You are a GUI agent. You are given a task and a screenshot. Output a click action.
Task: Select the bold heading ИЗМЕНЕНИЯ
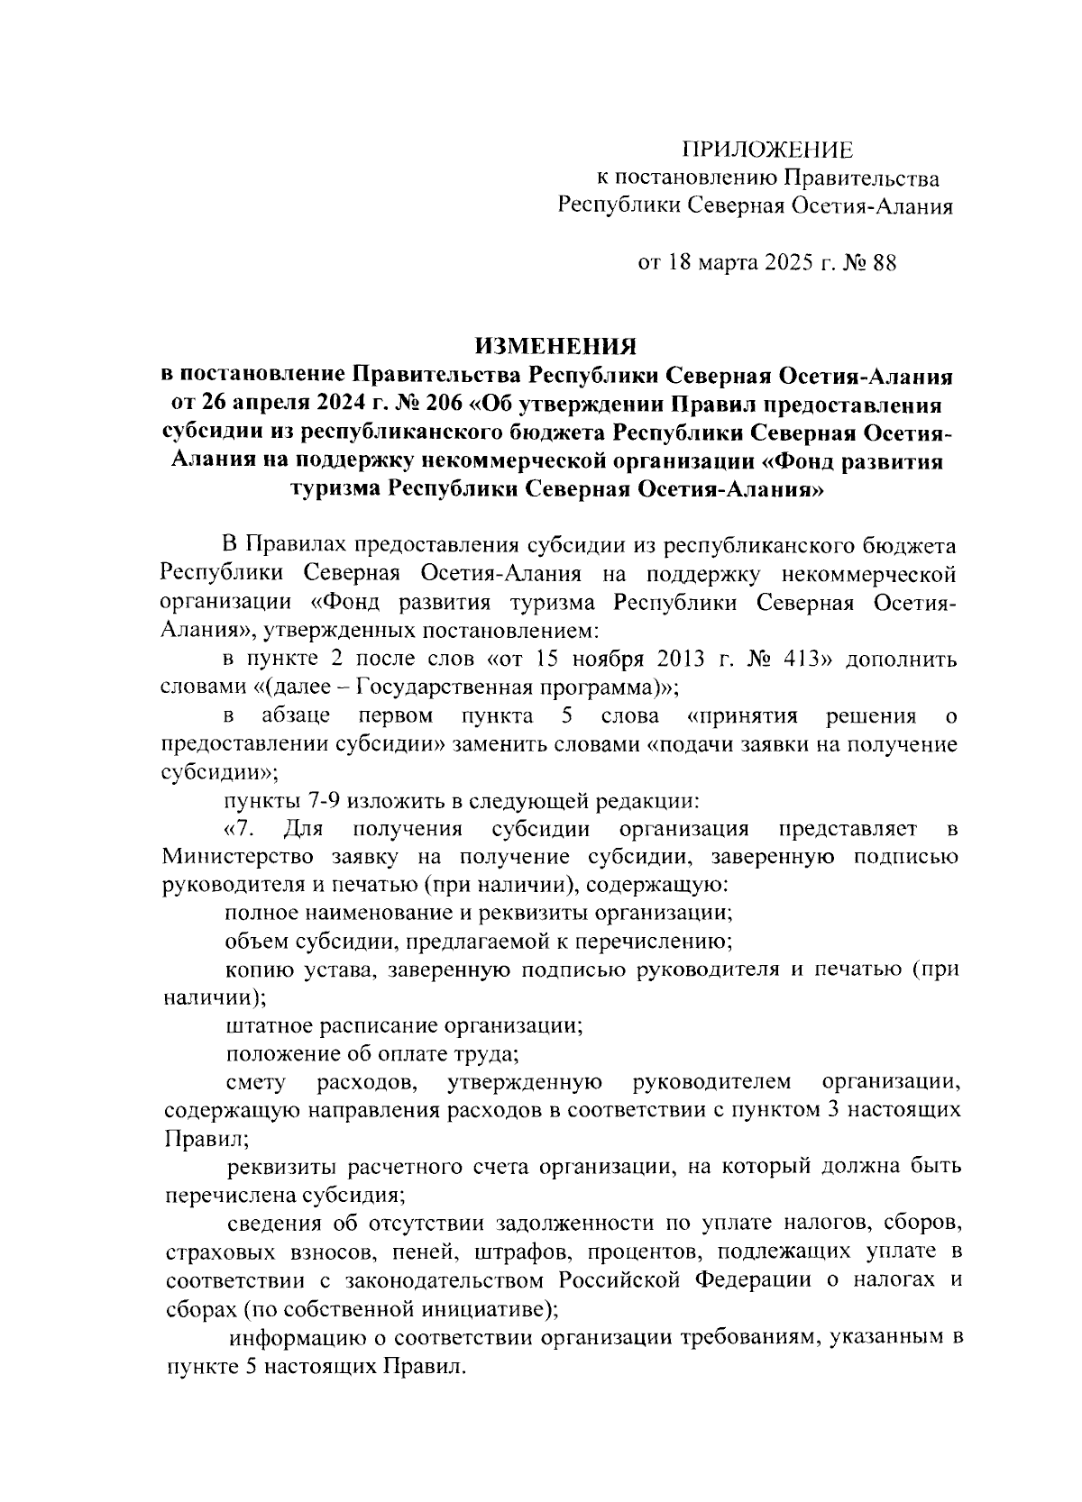556,346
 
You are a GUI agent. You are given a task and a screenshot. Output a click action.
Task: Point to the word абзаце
295,716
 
